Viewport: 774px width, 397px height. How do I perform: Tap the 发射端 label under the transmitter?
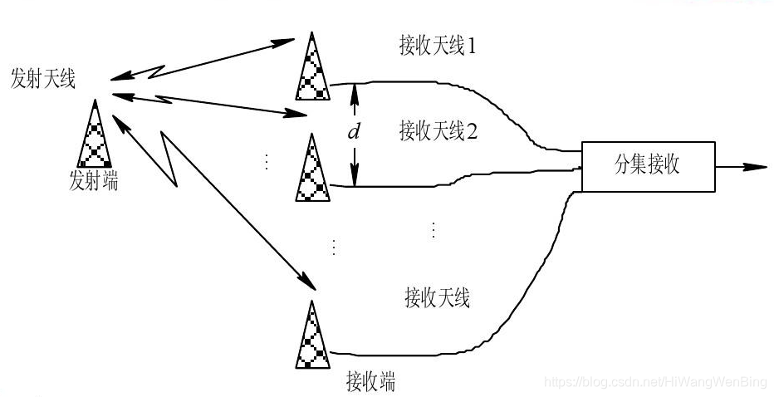(x=93, y=180)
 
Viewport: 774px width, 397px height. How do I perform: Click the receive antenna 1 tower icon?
(x=312, y=66)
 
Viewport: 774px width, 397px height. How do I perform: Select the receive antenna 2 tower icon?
(x=312, y=168)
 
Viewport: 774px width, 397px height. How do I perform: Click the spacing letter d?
(x=353, y=132)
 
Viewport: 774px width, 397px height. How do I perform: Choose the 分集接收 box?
(x=649, y=165)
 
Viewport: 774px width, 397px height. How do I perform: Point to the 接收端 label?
(x=370, y=382)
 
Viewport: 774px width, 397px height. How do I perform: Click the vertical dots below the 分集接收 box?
(x=433, y=230)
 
